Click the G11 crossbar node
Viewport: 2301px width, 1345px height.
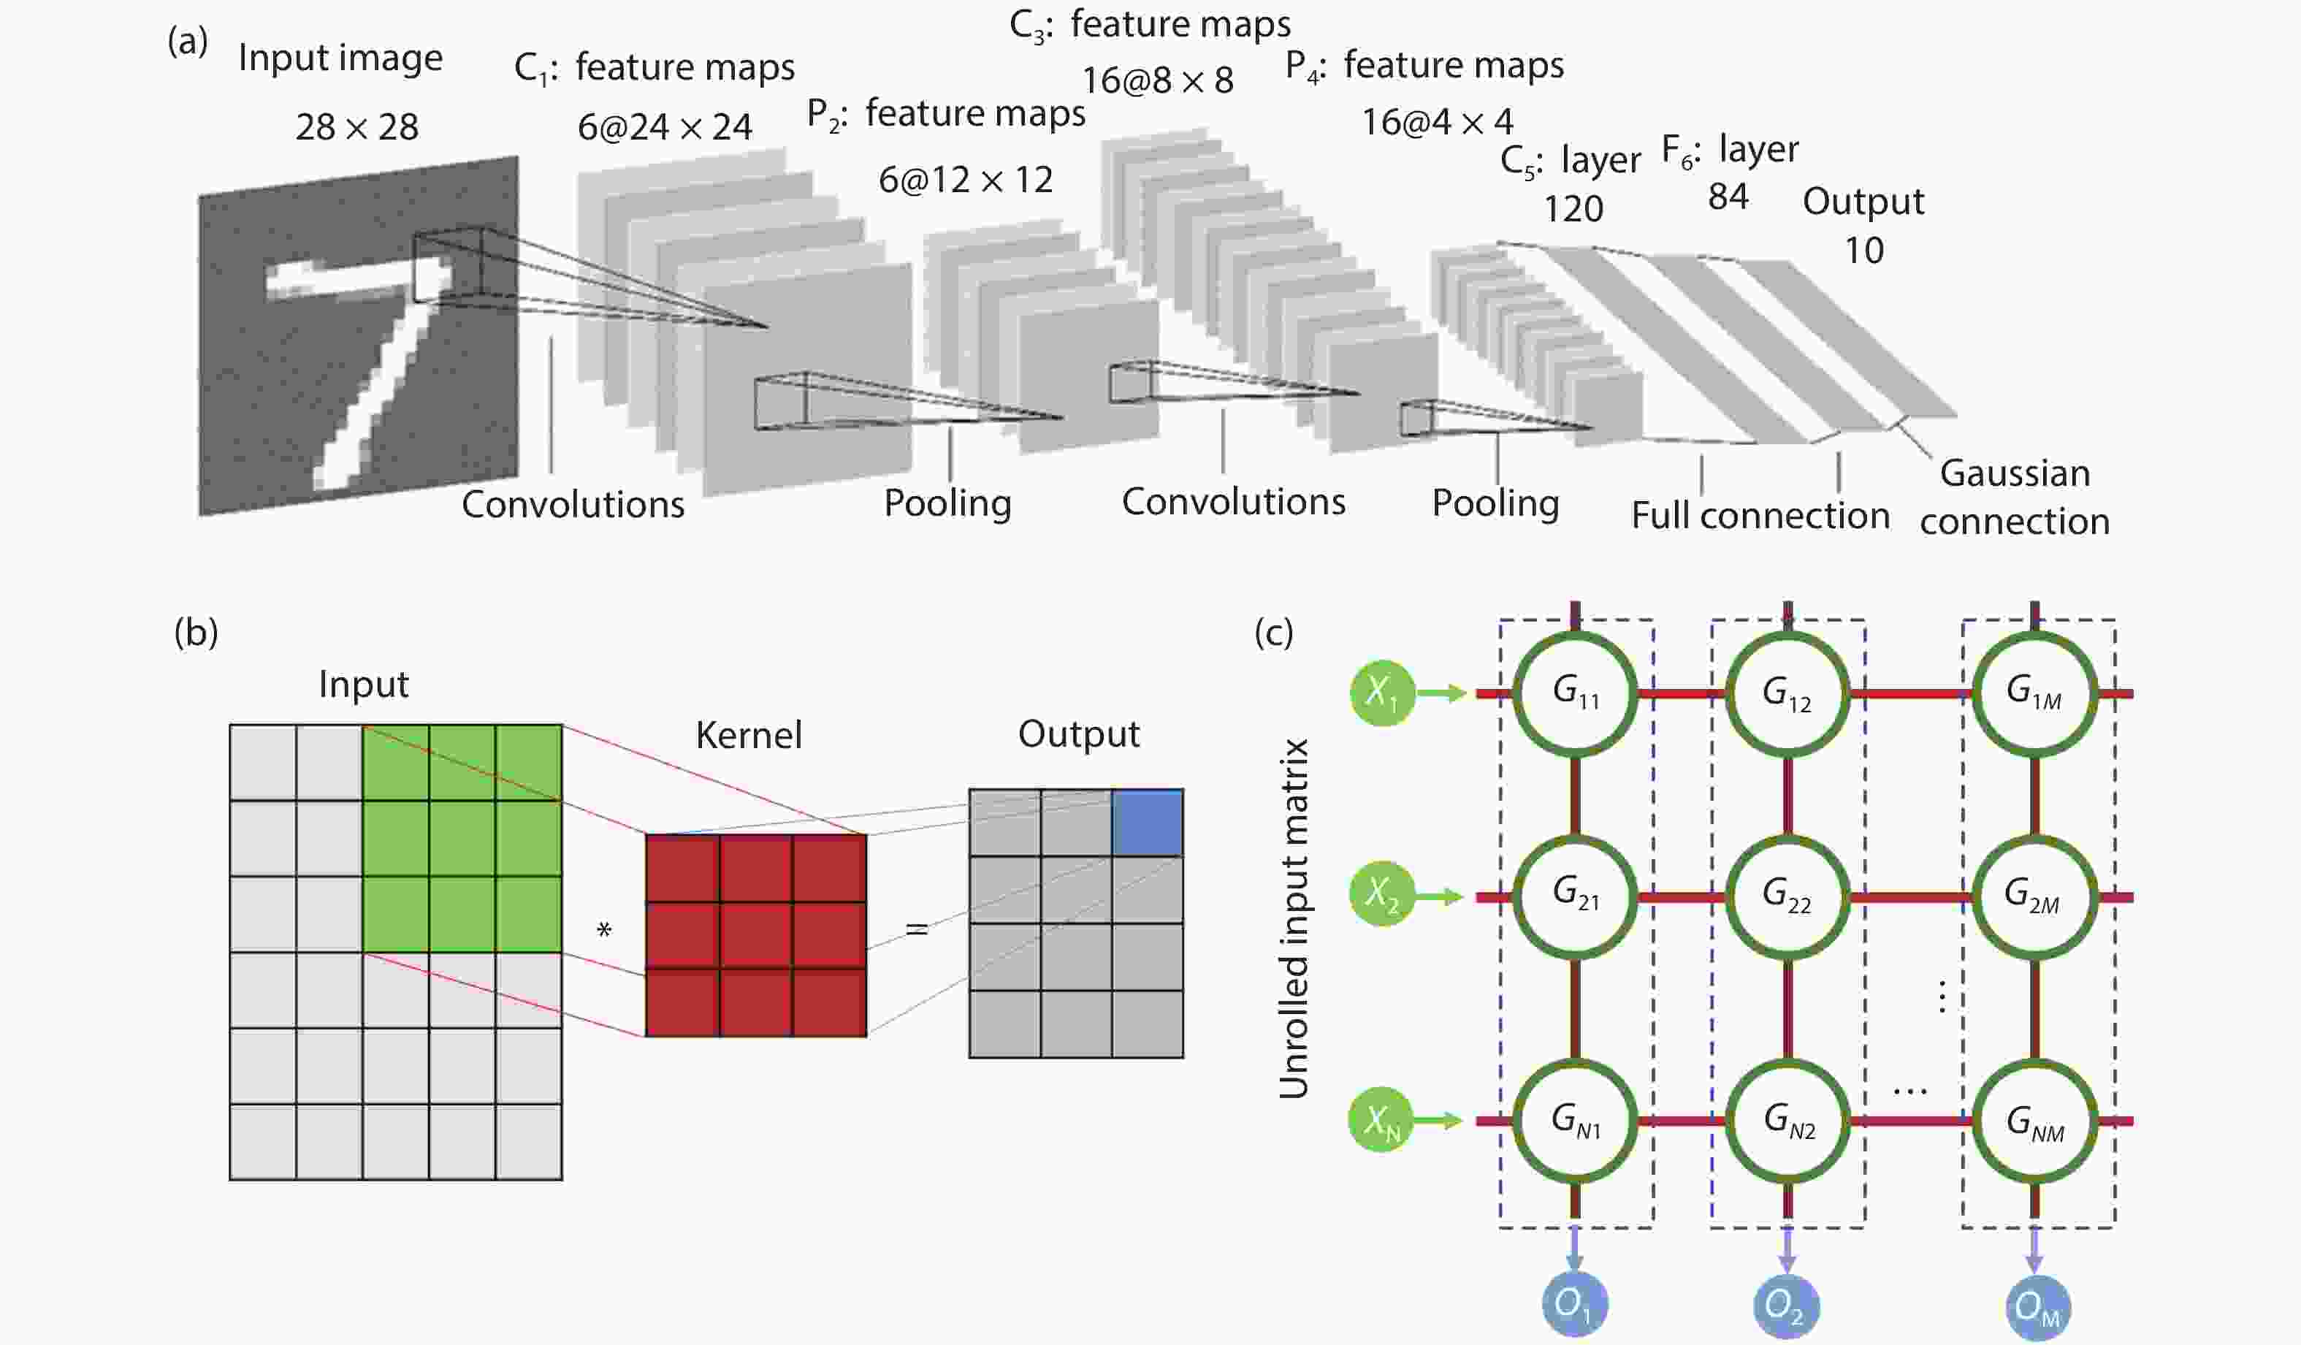pyautogui.click(x=1575, y=694)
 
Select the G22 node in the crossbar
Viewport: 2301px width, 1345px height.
pyautogui.click(x=1787, y=896)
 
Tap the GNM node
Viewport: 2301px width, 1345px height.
pyautogui.click(x=2034, y=1121)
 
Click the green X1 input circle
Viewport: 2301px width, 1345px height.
pyautogui.click(x=1382, y=694)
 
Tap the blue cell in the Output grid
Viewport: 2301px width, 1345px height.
pyautogui.click(x=1148, y=823)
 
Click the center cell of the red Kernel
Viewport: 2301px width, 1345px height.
pyautogui.click(x=755, y=935)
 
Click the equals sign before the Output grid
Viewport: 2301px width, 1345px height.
pyautogui.click(x=917, y=929)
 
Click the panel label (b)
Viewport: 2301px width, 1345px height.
pyautogui.click(x=196, y=632)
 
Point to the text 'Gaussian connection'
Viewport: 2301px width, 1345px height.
pyautogui.click(x=2015, y=498)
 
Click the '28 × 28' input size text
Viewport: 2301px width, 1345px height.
pyautogui.click(x=357, y=127)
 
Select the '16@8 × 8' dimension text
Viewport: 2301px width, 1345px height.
pyautogui.click(x=1158, y=81)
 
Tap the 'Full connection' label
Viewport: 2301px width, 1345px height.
pyautogui.click(x=1760, y=516)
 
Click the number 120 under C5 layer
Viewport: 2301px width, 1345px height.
pyautogui.click(x=1573, y=209)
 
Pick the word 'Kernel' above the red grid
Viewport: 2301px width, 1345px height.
pyautogui.click(x=749, y=735)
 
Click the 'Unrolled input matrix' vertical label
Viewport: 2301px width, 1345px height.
pyautogui.click(x=1293, y=918)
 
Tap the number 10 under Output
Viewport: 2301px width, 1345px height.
pyautogui.click(x=1863, y=250)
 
